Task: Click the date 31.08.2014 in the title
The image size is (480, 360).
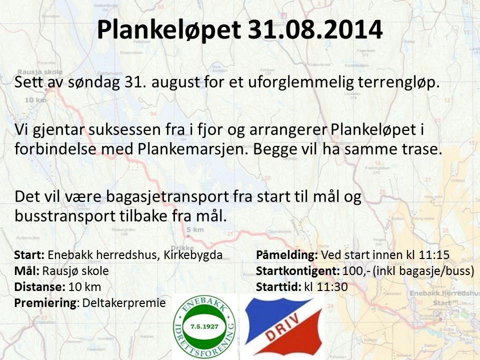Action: coord(315,30)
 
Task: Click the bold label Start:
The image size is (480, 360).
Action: coord(30,255)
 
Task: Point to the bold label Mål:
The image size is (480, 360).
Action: coord(27,271)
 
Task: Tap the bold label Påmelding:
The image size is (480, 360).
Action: coord(287,255)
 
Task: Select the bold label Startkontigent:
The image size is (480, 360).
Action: coord(298,271)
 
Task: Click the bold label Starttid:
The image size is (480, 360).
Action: coord(278,286)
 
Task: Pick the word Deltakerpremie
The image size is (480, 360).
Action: coord(123,302)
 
